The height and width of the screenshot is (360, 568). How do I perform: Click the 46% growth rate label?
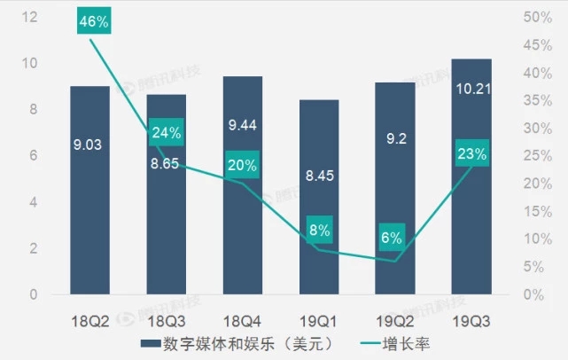[91, 22]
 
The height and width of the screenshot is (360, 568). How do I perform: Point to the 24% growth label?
[167, 133]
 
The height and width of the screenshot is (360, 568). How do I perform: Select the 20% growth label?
[242, 165]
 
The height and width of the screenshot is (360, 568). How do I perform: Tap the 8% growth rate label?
[319, 231]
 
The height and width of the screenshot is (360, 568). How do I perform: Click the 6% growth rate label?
[391, 237]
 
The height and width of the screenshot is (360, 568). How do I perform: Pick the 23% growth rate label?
[472, 154]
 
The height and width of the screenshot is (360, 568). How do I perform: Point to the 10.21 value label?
[471, 90]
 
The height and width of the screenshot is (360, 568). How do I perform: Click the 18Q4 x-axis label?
[243, 318]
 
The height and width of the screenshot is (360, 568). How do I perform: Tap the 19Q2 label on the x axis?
[394, 318]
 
